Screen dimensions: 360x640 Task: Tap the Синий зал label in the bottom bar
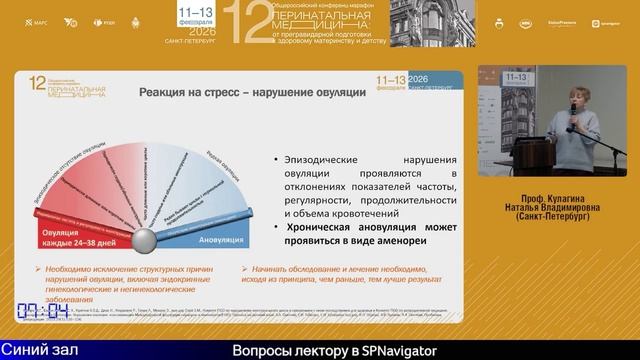coord(37,350)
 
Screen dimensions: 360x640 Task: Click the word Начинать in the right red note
coord(267,269)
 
